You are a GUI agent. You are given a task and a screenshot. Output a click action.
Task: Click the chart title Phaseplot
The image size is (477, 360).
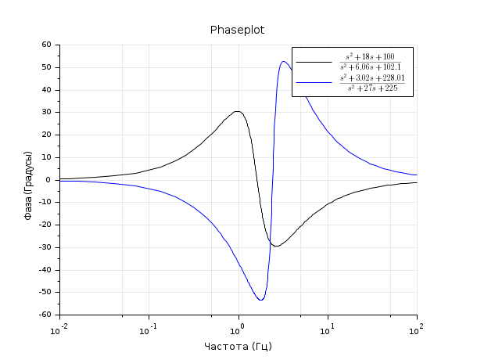tap(238, 30)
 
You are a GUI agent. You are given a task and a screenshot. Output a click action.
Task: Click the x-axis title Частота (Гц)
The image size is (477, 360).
tap(238, 346)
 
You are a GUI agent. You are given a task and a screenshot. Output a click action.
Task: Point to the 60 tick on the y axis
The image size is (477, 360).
tap(45, 45)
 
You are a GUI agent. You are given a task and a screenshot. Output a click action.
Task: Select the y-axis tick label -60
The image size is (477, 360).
tap(44, 315)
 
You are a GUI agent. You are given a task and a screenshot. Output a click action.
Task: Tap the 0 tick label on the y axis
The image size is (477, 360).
tap(48, 180)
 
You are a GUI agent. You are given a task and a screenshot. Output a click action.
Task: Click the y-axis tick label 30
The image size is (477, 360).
tap(45, 112)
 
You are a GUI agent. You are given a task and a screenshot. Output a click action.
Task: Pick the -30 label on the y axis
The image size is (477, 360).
tap(44, 247)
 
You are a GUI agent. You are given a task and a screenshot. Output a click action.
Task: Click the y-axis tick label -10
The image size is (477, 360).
tap(44, 203)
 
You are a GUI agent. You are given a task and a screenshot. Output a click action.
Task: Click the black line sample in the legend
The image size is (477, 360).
tap(314, 62)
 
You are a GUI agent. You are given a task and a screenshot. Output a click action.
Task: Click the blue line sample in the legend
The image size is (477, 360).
tap(314, 82)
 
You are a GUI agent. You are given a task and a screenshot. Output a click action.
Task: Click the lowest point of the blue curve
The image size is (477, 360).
tap(260, 300)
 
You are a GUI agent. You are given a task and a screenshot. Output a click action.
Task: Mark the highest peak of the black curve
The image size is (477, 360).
tap(237, 111)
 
